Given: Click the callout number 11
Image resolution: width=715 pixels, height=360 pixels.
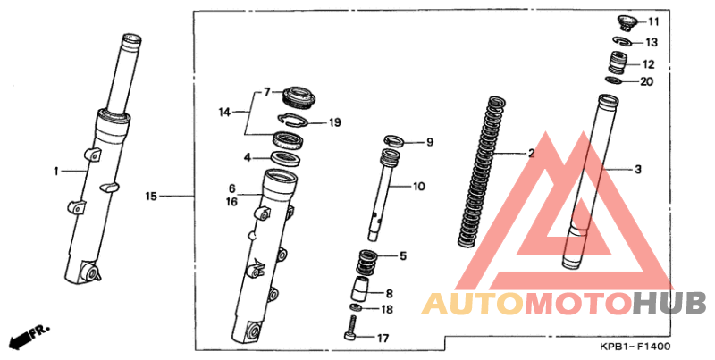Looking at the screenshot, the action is [x=653, y=21].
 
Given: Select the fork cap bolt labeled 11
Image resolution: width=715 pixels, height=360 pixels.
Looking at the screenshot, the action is [x=626, y=23].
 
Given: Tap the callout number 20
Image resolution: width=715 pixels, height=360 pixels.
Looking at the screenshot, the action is [x=646, y=81].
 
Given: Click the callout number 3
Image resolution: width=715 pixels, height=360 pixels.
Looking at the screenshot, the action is [x=638, y=170].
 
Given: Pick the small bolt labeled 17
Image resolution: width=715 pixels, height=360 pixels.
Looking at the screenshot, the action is [x=350, y=329].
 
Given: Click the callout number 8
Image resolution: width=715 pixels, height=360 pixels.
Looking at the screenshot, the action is [x=389, y=294].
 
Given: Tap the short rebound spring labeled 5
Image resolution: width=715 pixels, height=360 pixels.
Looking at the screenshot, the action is [x=366, y=263].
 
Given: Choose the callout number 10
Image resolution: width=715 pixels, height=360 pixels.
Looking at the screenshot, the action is [x=418, y=187].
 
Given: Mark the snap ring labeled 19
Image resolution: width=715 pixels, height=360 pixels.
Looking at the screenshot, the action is [x=294, y=120].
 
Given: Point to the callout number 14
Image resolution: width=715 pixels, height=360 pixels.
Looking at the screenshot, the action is [x=224, y=112].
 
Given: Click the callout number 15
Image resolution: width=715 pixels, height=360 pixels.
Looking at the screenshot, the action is [x=151, y=197].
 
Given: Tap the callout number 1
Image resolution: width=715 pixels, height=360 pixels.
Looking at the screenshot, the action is [x=56, y=172].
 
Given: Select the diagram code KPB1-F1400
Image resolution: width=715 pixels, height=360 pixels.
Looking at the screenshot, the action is [x=635, y=347].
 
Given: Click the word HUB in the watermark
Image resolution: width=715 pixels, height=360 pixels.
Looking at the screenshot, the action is [x=669, y=303].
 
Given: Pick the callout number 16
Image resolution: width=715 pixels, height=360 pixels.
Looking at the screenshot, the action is [x=232, y=201].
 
